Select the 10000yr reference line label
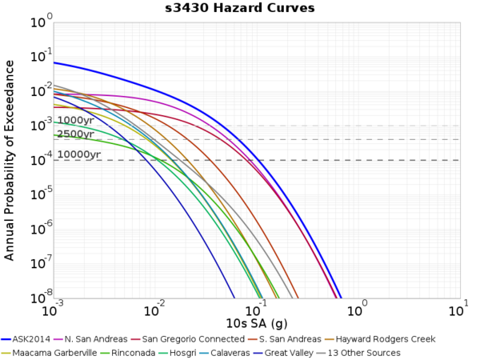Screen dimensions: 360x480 pos(78,154)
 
